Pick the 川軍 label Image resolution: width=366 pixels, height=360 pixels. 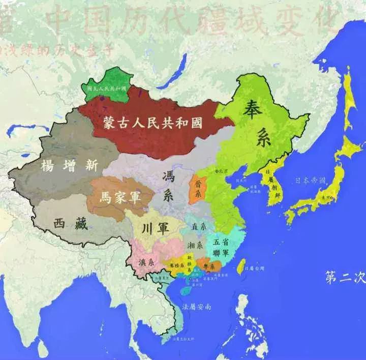157,225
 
